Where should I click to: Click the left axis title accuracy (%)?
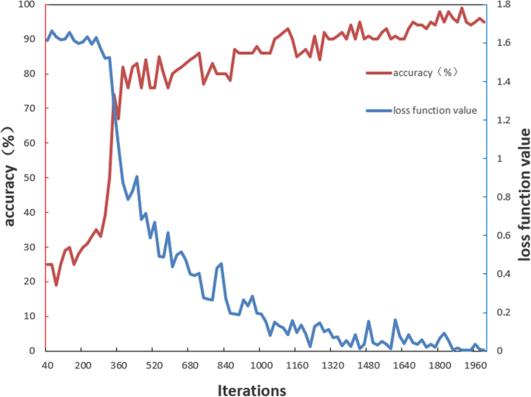9,178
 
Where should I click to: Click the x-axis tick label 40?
47,366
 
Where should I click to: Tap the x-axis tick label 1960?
472,366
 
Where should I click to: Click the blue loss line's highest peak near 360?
114,94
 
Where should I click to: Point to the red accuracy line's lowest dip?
56,285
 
